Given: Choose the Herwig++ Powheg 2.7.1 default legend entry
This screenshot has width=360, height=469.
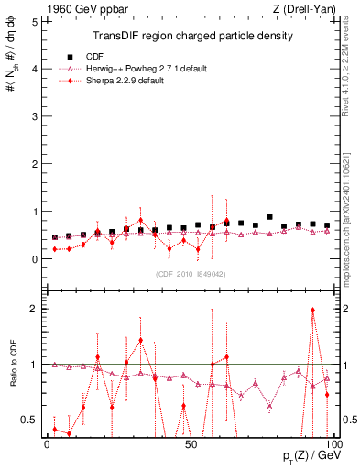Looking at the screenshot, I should (x=145, y=67).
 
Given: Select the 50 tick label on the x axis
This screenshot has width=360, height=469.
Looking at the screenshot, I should (x=191, y=444).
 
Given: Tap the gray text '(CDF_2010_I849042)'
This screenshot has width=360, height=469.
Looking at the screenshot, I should (x=191, y=273).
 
